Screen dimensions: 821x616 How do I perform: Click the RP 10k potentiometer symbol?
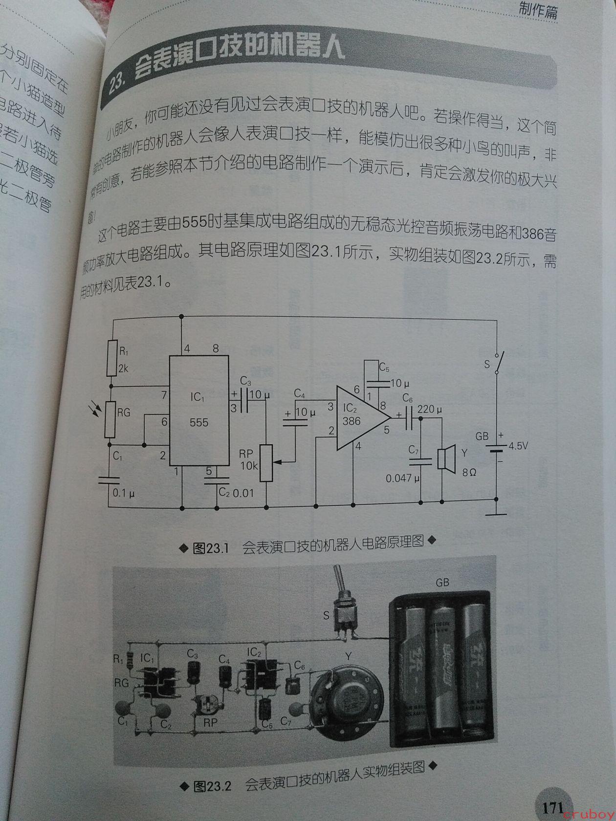265,462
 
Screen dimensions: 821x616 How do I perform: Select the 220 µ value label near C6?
430,409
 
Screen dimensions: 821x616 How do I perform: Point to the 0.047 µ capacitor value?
402,478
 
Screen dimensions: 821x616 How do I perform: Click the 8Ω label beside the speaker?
469,472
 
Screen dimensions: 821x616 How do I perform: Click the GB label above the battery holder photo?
442,583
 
